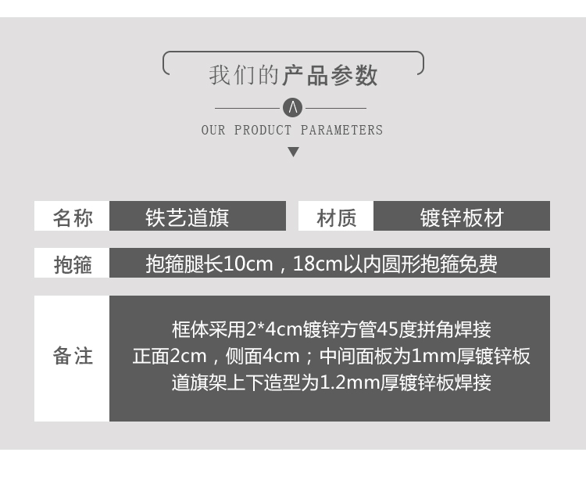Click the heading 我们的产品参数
[293, 75]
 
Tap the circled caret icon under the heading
[292, 107]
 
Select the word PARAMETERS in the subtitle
[341, 130]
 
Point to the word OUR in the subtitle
[213, 130]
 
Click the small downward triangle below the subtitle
[293, 152]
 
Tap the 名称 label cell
[73, 217]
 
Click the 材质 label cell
[336, 217]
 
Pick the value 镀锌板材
[462, 217]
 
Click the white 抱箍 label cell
[73, 264]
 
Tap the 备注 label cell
[73, 357]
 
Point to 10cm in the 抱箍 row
[248, 264]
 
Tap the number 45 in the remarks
[377, 329]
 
